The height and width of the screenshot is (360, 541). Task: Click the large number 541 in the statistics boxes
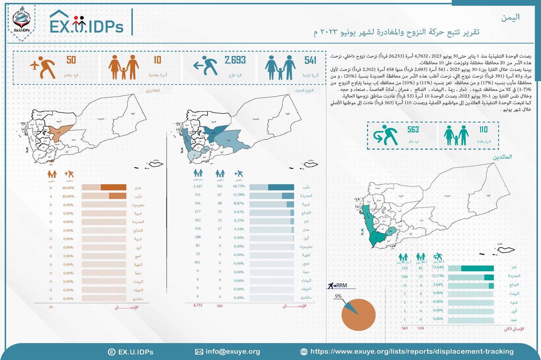pyautogui.click(x=310, y=60)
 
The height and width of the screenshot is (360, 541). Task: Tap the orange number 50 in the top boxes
pyautogui.click(x=71, y=60)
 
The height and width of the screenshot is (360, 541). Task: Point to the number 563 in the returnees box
pyautogui.click(x=413, y=129)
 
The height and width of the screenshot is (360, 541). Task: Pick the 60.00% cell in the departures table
pyautogui.click(x=68, y=188)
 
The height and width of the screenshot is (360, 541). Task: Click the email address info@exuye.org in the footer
pyautogui.click(x=233, y=352)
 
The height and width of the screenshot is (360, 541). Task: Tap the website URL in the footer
pyautogui.click(x=412, y=352)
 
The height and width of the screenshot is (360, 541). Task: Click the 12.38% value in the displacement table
pyautogui.click(x=238, y=195)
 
